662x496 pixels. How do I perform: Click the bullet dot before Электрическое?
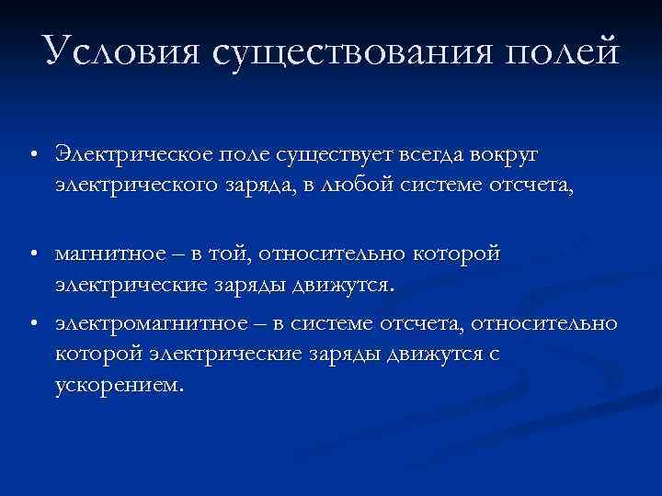coord(32,152)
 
